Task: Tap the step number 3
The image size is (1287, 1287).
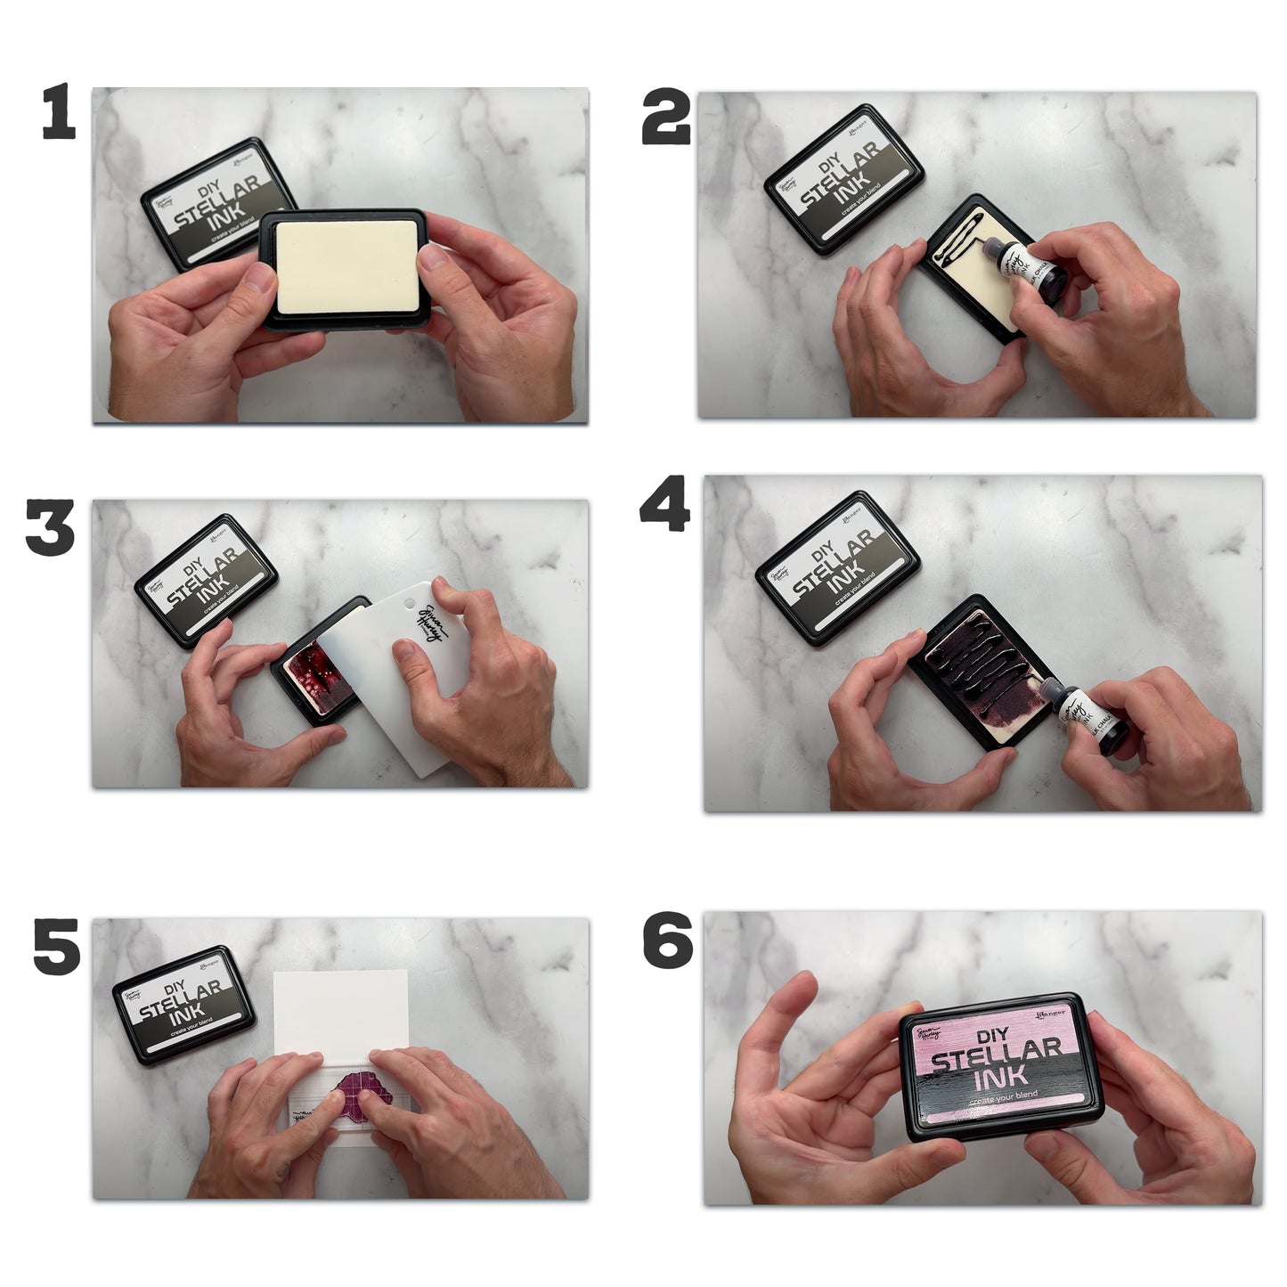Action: coord(50,528)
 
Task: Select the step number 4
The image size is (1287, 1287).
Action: coord(664,504)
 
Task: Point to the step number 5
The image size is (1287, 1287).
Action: coord(56,948)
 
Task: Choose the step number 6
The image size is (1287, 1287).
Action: coord(667,943)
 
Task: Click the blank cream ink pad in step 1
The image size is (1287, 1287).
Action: coord(343,267)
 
